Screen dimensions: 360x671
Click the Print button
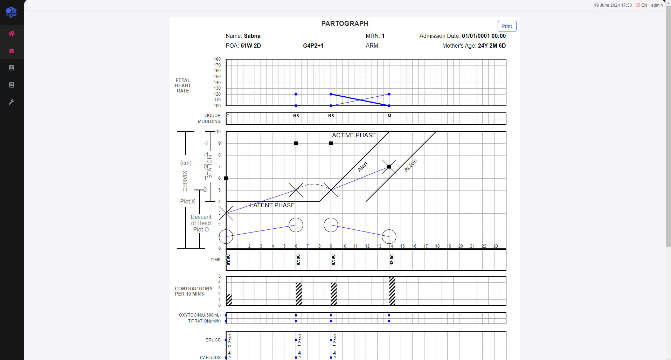point(507,26)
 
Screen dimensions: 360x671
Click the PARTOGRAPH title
point(345,23)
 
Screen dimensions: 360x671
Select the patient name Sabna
point(252,36)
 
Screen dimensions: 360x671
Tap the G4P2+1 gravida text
point(313,46)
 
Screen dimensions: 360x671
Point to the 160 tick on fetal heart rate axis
point(217,71)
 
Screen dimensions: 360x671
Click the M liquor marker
point(389,116)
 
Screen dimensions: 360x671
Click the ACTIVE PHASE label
point(354,135)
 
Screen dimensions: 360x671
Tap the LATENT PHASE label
point(272,205)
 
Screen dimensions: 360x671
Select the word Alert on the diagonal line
point(362,166)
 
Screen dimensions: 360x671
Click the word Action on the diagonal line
point(410,165)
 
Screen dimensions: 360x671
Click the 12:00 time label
point(392,259)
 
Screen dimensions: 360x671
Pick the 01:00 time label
point(228,259)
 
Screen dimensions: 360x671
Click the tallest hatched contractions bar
point(392,291)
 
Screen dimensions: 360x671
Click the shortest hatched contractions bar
point(229,300)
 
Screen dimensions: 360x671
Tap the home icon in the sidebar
point(12,34)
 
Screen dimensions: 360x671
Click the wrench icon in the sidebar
point(12,102)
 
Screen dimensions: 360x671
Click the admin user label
point(657,5)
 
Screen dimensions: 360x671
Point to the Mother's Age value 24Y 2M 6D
point(492,46)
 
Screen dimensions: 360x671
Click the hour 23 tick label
point(496,246)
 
